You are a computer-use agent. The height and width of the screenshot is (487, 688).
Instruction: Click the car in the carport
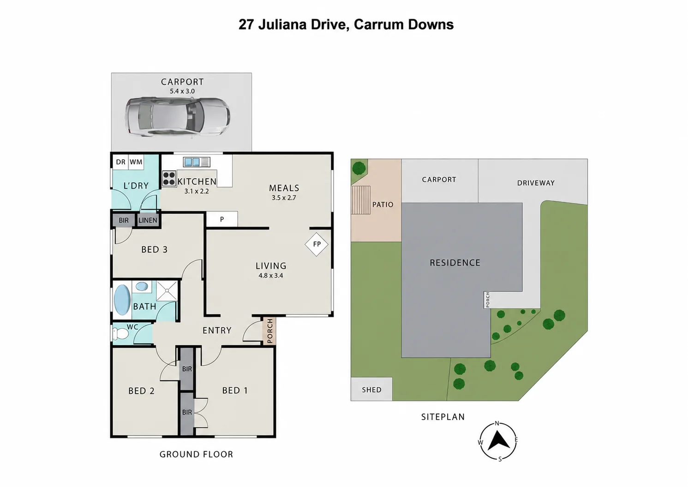tap(177, 117)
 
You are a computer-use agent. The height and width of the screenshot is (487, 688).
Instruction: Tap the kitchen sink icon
tap(197, 162)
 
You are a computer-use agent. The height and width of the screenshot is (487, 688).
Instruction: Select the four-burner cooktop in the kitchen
tap(169, 179)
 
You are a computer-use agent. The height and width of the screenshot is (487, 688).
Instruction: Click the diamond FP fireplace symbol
tap(317, 244)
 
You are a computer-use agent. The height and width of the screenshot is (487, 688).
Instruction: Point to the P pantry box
tap(222, 219)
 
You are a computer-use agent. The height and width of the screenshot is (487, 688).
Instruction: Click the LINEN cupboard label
tap(148, 220)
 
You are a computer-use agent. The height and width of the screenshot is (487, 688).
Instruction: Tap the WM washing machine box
tap(136, 162)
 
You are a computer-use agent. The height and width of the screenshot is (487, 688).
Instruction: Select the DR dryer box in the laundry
tap(121, 162)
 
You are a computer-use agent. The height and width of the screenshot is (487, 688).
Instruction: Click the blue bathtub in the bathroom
tap(122, 300)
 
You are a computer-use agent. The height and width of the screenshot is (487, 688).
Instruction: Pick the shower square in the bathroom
tap(167, 290)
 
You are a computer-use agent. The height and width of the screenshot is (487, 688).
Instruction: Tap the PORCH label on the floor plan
tap(270, 331)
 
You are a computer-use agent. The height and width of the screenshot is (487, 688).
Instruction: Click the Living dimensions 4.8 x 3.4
tap(270, 276)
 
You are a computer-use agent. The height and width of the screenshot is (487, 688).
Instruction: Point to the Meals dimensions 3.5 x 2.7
tap(284, 198)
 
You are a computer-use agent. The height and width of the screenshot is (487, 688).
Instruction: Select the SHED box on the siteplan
tap(371, 389)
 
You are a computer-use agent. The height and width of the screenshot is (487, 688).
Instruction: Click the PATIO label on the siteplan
tap(383, 204)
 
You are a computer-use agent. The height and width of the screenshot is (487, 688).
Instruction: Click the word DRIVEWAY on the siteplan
tap(536, 183)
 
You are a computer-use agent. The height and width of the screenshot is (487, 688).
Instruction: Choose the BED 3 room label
tap(155, 249)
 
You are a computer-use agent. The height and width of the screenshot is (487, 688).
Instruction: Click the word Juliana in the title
tap(282, 24)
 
